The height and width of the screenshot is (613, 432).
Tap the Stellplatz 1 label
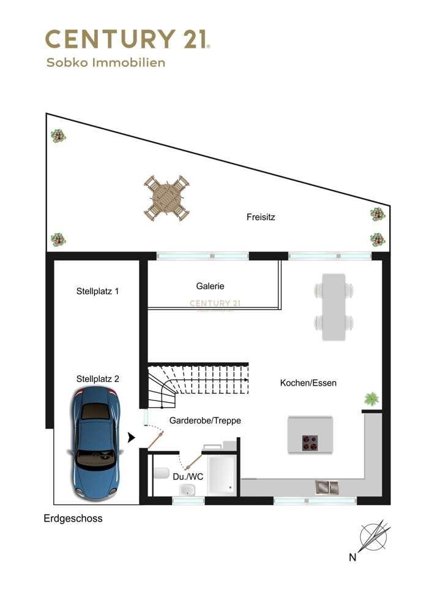click(97, 292)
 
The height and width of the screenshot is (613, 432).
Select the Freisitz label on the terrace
click(261, 216)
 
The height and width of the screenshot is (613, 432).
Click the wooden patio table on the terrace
click(165, 198)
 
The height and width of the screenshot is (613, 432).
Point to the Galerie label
click(210, 286)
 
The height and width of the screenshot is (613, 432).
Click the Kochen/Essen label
click(308, 383)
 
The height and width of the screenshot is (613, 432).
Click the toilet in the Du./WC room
click(162, 473)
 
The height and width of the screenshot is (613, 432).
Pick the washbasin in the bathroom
click(187, 489)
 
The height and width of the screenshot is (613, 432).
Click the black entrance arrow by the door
click(131, 438)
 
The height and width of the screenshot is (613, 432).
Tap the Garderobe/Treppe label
click(205, 421)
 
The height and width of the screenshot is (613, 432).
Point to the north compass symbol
click(373, 538)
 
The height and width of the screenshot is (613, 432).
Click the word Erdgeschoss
click(73, 519)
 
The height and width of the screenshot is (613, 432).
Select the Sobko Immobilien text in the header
click(106, 63)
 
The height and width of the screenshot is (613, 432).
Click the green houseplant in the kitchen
click(371, 399)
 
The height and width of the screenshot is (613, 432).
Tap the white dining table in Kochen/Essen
click(334, 306)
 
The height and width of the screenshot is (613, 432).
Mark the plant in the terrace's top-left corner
click(58, 136)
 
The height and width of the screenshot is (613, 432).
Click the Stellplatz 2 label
click(97, 379)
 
